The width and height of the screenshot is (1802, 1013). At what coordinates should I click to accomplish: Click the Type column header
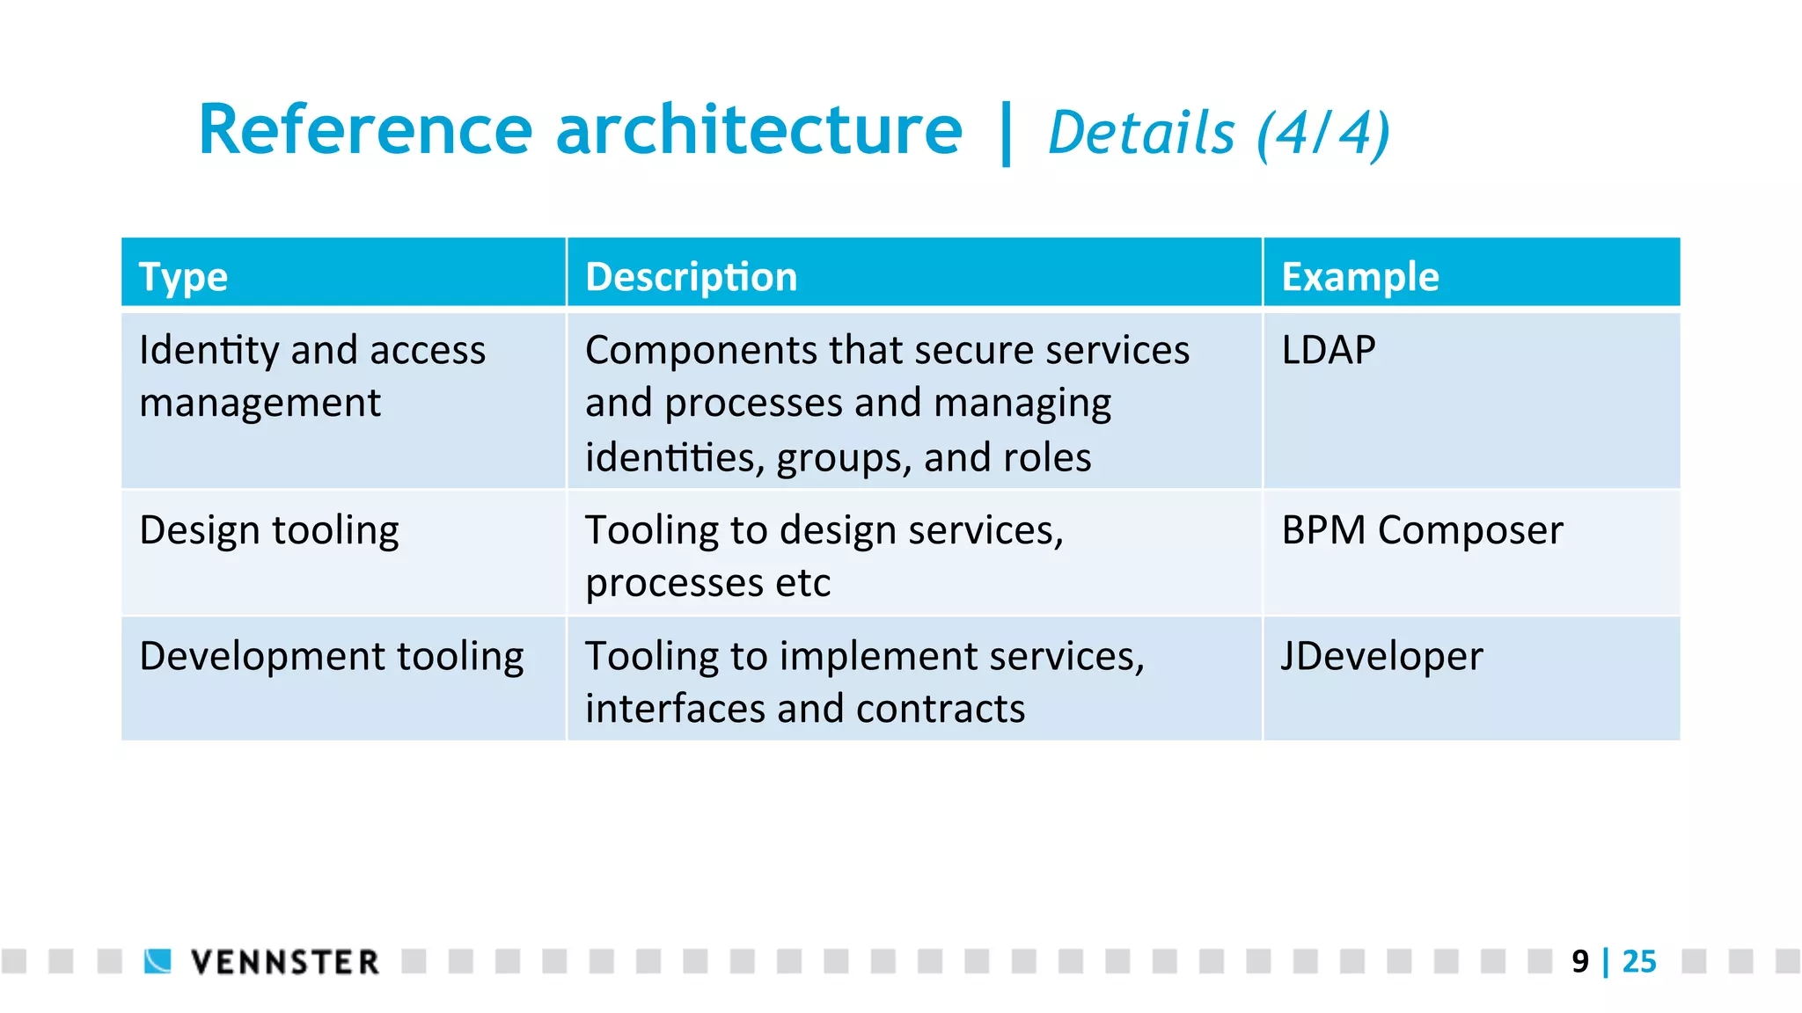click(183, 277)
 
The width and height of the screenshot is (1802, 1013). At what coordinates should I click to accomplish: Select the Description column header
click(691, 277)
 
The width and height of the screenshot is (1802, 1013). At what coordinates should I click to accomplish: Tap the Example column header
click(1359, 277)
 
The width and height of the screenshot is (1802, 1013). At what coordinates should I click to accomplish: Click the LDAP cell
click(1328, 350)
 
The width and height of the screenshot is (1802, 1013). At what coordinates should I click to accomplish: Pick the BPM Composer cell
click(1422, 530)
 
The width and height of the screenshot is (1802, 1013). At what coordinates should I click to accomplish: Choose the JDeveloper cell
click(1381, 656)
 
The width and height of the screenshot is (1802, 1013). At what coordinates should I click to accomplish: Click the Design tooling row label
click(269, 531)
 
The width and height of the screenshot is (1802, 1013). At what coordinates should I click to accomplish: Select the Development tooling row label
click(332, 657)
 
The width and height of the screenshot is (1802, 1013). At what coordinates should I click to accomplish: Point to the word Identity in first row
click(209, 350)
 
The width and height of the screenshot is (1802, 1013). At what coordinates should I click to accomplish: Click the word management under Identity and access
click(260, 404)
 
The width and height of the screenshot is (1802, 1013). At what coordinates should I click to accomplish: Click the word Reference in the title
click(365, 130)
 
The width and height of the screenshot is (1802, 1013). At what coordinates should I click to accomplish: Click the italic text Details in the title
click(1141, 134)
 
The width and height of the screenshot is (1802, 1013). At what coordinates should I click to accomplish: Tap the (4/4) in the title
click(1322, 134)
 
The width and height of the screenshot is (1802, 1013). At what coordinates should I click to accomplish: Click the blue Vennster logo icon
click(158, 961)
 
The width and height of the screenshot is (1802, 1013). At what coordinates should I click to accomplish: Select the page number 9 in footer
click(1580, 962)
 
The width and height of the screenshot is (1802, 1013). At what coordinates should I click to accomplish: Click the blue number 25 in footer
click(1639, 962)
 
